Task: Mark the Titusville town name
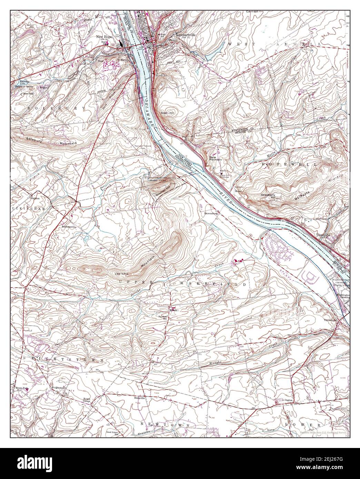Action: coord(323,235)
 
